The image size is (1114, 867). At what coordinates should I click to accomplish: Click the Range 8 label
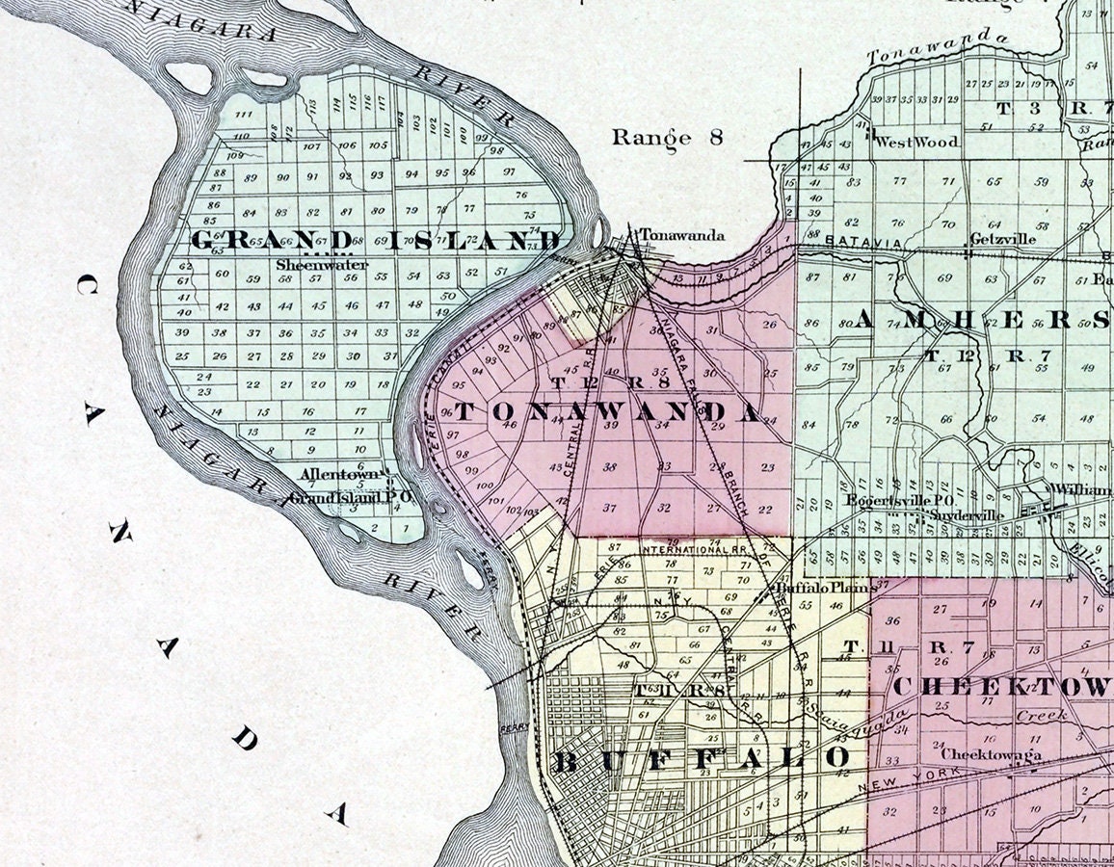pos(667,137)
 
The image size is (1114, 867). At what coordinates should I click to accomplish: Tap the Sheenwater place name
pos(308,264)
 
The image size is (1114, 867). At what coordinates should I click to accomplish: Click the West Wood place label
pos(916,142)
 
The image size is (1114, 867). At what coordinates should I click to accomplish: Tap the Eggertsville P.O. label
pos(885,500)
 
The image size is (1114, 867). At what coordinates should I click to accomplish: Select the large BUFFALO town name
pos(701,760)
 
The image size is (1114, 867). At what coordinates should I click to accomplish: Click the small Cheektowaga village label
pos(991,754)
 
